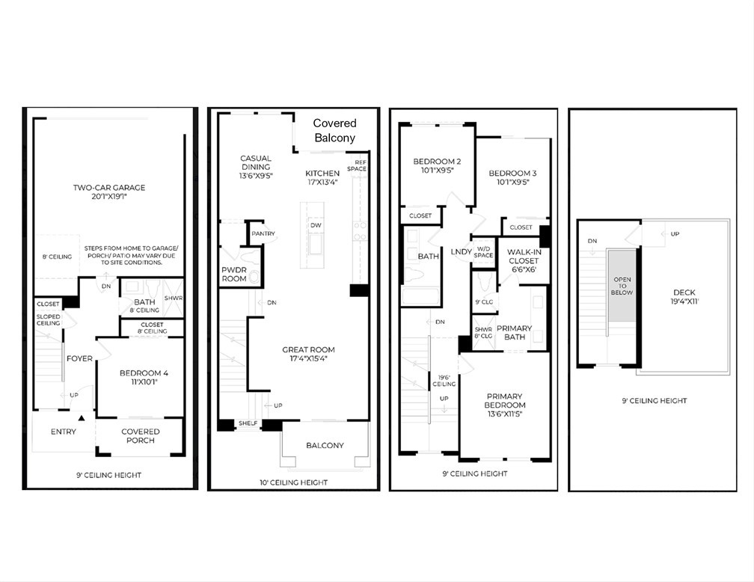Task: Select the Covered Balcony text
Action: click(x=334, y=130)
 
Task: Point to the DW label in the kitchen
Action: click(x=316, y=226)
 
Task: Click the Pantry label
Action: click(x=263, y=233)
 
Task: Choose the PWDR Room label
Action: click(x=234, y=274)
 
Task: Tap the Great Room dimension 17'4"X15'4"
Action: click(x=308, y=358)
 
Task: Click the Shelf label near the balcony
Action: click(x=248, y=423)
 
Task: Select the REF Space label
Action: click(x=357, y=166)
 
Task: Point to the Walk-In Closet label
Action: click(x=524, y=260)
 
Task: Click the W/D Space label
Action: click(x=483, y=252)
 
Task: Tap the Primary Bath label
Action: click(x=514, y=332)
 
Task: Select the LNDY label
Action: click(x=461, y=252)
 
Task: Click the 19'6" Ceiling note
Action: click(x=444, y=381)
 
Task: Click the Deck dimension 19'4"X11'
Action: click(x=684, y=301)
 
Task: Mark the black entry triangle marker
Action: click(x=82, y=418)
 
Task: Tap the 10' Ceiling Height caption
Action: click(x=294, y=483)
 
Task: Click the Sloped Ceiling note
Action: click(x=49, y=320)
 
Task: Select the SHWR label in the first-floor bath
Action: click(x=174, y=298)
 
